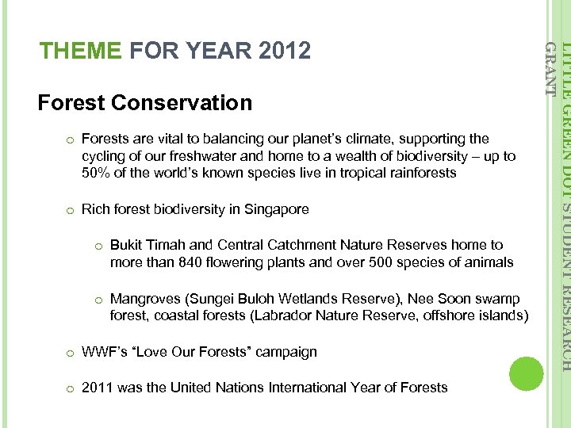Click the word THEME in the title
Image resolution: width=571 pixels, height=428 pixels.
(x=81, y=52)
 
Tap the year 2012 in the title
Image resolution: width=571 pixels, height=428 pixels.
(x=285, y=52)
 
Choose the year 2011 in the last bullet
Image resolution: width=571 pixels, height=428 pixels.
(x=97, y=388)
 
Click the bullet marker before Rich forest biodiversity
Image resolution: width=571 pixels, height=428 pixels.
(x=70, y=210)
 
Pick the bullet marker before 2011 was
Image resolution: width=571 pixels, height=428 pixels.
(x=70, y=388)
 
